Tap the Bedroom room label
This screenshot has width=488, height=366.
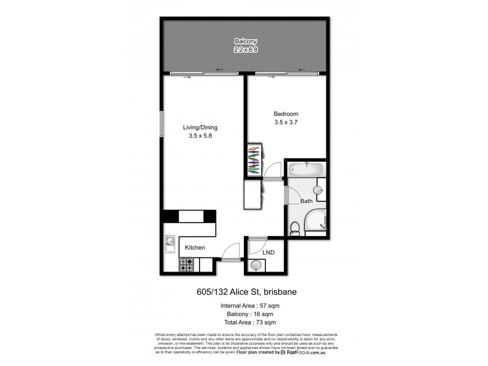coord(285,114)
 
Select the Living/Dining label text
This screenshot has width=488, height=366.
coord(200,127)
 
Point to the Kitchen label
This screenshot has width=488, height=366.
coord(195,248)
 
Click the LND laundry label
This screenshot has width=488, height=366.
coord(268,252)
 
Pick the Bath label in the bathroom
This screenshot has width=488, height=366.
coord(306,201)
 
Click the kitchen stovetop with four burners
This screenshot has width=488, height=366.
coord(186,265)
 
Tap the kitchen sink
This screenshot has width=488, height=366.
coord(170,244)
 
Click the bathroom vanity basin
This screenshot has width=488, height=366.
coord(318,190)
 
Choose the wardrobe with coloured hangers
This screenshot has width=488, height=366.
coord(254,160)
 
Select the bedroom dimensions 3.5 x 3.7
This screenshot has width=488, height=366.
coord(285,123)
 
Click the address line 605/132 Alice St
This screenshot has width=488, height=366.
coord(243,292)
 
